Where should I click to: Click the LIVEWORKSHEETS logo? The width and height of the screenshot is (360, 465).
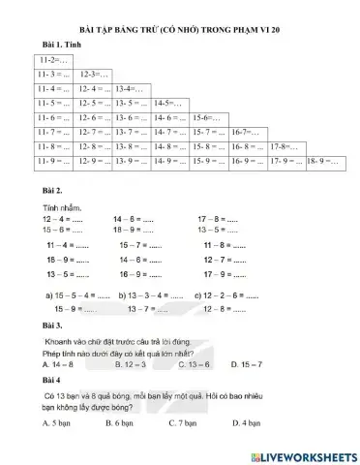tap(302, 454)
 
